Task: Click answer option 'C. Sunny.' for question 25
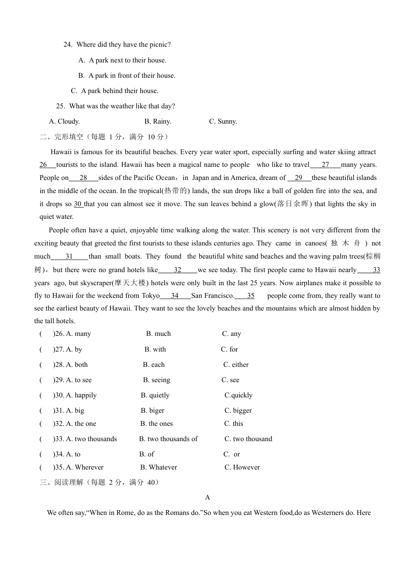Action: click(223, 121)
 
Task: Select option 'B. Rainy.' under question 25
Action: click(158, 121)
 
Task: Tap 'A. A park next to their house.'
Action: click(122, 60)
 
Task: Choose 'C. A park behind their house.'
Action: click(114, 91)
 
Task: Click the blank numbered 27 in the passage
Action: click(325, 165)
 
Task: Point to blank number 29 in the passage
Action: click(299, 178)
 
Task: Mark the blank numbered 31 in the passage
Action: click(69, 256)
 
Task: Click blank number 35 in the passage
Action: click(250, 296)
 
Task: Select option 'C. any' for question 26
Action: click(232, 334)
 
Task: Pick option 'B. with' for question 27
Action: click(155, 349)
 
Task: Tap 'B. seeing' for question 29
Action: click(156, 380)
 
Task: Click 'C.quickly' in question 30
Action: click(239, 395)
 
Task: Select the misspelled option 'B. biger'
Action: click(152, 411)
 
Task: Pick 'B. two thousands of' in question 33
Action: click(168, 439)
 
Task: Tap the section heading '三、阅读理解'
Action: click(61, 482)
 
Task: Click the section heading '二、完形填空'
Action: click(61, 137)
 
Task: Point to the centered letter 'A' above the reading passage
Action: click(207, 497)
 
